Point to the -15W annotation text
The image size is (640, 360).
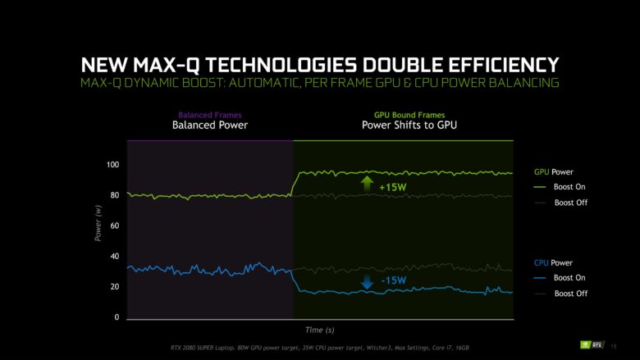[393, 281]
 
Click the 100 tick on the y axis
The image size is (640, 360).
[112, 165]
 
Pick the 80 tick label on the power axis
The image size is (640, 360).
[114, 195]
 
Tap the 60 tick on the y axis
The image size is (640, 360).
[114, 226]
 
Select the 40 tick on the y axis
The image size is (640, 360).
[114, 257]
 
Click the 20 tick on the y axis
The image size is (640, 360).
[114, 287]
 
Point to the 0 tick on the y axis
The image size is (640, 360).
[117, 317]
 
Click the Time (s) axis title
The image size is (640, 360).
[319, 330]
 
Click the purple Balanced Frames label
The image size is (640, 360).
[210, 116]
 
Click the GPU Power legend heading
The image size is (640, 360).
[553, 172]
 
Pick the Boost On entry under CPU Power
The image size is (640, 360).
[570, 278]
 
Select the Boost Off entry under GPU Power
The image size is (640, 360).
[570, 203]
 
